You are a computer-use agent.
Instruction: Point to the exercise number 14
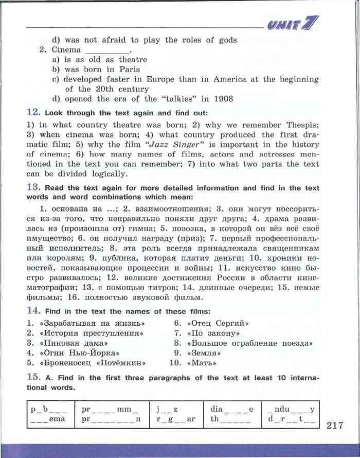[33, 310]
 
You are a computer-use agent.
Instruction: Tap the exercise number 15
[33, 377]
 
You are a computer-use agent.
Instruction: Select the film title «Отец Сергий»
[219, 323]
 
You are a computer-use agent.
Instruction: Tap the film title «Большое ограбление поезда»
[250, 343]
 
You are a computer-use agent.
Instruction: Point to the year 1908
[223, 99]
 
